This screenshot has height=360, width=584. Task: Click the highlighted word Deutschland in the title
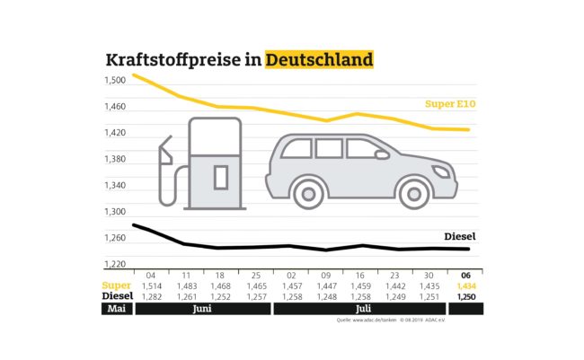(319, 61)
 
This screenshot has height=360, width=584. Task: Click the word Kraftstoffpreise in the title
(181, 61)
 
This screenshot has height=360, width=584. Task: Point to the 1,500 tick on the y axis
(114, 81)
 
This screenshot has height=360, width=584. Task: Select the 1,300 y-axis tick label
(114, 212)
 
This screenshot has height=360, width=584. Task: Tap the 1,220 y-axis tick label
(114, 264)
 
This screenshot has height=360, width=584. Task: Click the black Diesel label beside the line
(459, 237)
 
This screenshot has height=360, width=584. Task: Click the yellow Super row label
(117, 285)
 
